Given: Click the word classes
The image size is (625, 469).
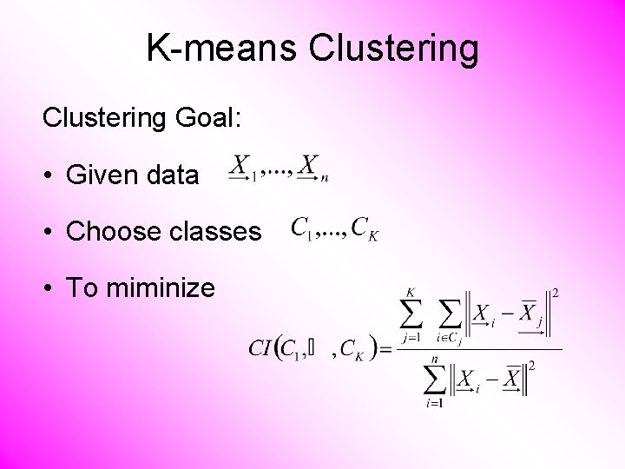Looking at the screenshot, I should (214, 232).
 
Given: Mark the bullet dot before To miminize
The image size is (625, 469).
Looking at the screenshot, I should (50, 288).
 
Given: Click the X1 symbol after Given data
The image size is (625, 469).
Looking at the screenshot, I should (244, 167).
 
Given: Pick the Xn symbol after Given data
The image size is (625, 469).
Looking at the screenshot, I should (312, 167).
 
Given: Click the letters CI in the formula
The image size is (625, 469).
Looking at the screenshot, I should (260, 349).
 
